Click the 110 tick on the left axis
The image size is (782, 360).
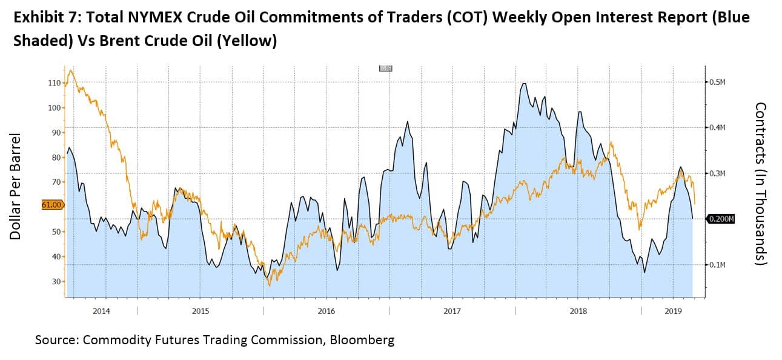(x=53, y=82)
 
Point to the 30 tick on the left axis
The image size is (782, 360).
(x=55, y=282)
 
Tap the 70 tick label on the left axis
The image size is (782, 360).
(x=55, y=182)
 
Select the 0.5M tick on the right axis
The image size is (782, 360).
(x=717, y=82)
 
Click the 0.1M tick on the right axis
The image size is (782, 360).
(x=717, y=265)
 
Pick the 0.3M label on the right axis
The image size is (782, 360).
(x=717, y=173)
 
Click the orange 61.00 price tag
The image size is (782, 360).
(x=52, y=205)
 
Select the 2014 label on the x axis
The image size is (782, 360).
(x=101, y=312)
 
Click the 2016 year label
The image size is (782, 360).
(x=326, y=312)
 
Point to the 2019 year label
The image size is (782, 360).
(x=673, y=312)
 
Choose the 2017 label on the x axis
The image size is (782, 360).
(x=452, y=312)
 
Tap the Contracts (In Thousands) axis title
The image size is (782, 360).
(x=761, y=183)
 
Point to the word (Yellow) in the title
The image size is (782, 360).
(x=246, y=41)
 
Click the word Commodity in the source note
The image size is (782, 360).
(x=115, y=340)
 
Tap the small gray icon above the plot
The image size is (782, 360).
(x=385, y=68)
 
